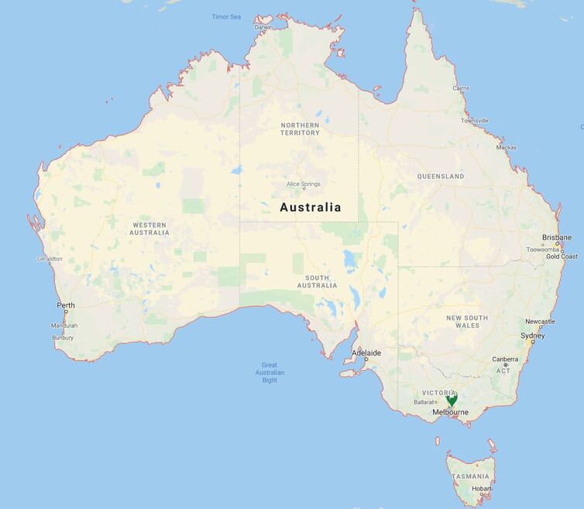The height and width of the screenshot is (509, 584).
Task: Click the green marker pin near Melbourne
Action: click(x=452, y=398)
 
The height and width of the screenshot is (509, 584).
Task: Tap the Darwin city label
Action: click(x=263, y=27)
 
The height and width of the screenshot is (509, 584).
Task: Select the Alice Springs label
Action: click(x=303, y=184)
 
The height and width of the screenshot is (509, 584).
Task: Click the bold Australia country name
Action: click(x=310, y=207)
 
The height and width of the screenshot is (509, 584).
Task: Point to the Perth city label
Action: click(x=66, y=305)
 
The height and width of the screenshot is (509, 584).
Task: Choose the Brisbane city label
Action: click(x=557, y=237)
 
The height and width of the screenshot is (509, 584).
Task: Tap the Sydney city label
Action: click(x=532, y=335)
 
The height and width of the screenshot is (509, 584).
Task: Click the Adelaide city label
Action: click(x=366, y=353)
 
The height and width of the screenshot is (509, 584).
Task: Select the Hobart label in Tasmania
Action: click(x=480, y=489)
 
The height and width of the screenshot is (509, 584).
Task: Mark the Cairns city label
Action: click(x=461, y=88)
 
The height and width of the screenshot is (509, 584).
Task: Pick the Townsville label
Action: click(x=475, y=121)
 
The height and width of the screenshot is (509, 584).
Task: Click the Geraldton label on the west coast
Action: click(x=50, y=259)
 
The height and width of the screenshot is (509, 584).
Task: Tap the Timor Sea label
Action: click(x=226, y=16)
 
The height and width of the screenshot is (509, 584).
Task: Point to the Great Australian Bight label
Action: click(x=269, y=373)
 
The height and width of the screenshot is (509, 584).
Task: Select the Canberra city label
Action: click(x=505, y=359)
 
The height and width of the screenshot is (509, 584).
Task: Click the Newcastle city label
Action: click(x=540, y=322)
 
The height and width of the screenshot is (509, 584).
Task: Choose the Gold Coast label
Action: click(x=562, y=256)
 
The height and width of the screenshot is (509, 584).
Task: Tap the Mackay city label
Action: click(x=507, y=147)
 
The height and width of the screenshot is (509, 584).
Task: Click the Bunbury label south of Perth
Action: click(x=63, y=338)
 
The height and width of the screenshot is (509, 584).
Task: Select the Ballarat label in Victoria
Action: click(x=424, y=402)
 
